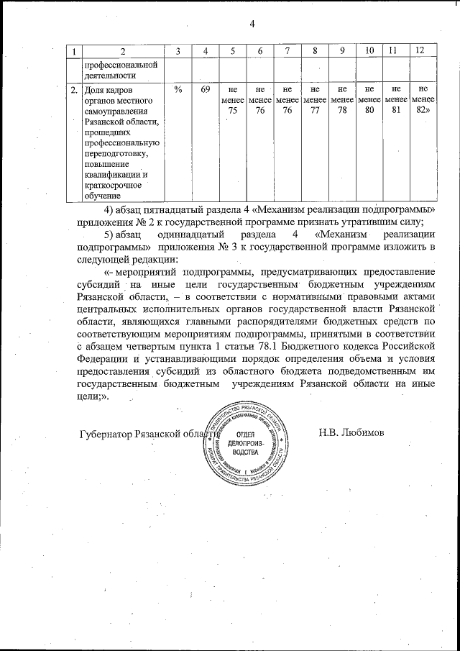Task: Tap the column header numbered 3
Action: (178, 50)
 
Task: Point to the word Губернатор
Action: (106, 434)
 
